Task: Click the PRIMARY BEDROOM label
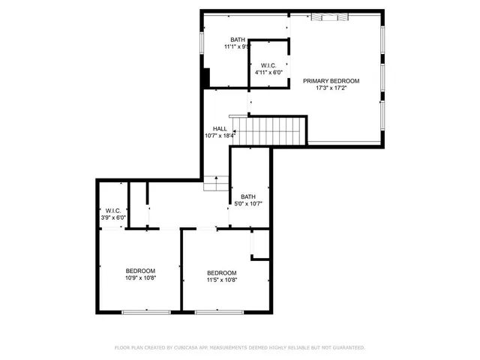click(331, 81)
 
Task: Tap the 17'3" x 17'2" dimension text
click(331, 88)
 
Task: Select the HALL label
click(219, 128)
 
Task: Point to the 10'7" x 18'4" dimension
click(220, 136)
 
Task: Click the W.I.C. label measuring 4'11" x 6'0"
click(268, 65)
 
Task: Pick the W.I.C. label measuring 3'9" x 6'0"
click(114, 211)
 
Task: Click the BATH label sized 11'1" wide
click(238, 40)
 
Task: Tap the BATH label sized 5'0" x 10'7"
click(247, 196)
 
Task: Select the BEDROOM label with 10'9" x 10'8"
click(140, 271)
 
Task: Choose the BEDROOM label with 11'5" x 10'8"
click(222, 273)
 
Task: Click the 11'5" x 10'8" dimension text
click(222, 280)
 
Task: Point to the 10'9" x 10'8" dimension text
click(140, 278)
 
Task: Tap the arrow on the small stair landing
click(217, 179)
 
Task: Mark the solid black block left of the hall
click(205, 78)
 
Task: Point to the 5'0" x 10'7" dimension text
click(247, 203)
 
